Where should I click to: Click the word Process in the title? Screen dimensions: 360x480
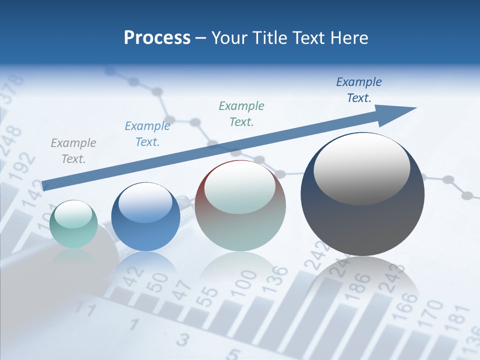[157, 38]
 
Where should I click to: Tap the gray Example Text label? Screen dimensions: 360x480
[73, 151]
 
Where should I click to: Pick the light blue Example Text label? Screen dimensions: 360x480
[147, 134]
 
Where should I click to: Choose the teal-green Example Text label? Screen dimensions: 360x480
[241, 113]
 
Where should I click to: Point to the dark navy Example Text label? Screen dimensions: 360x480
[359, 90]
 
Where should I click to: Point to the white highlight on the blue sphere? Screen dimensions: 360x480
[145, 202]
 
